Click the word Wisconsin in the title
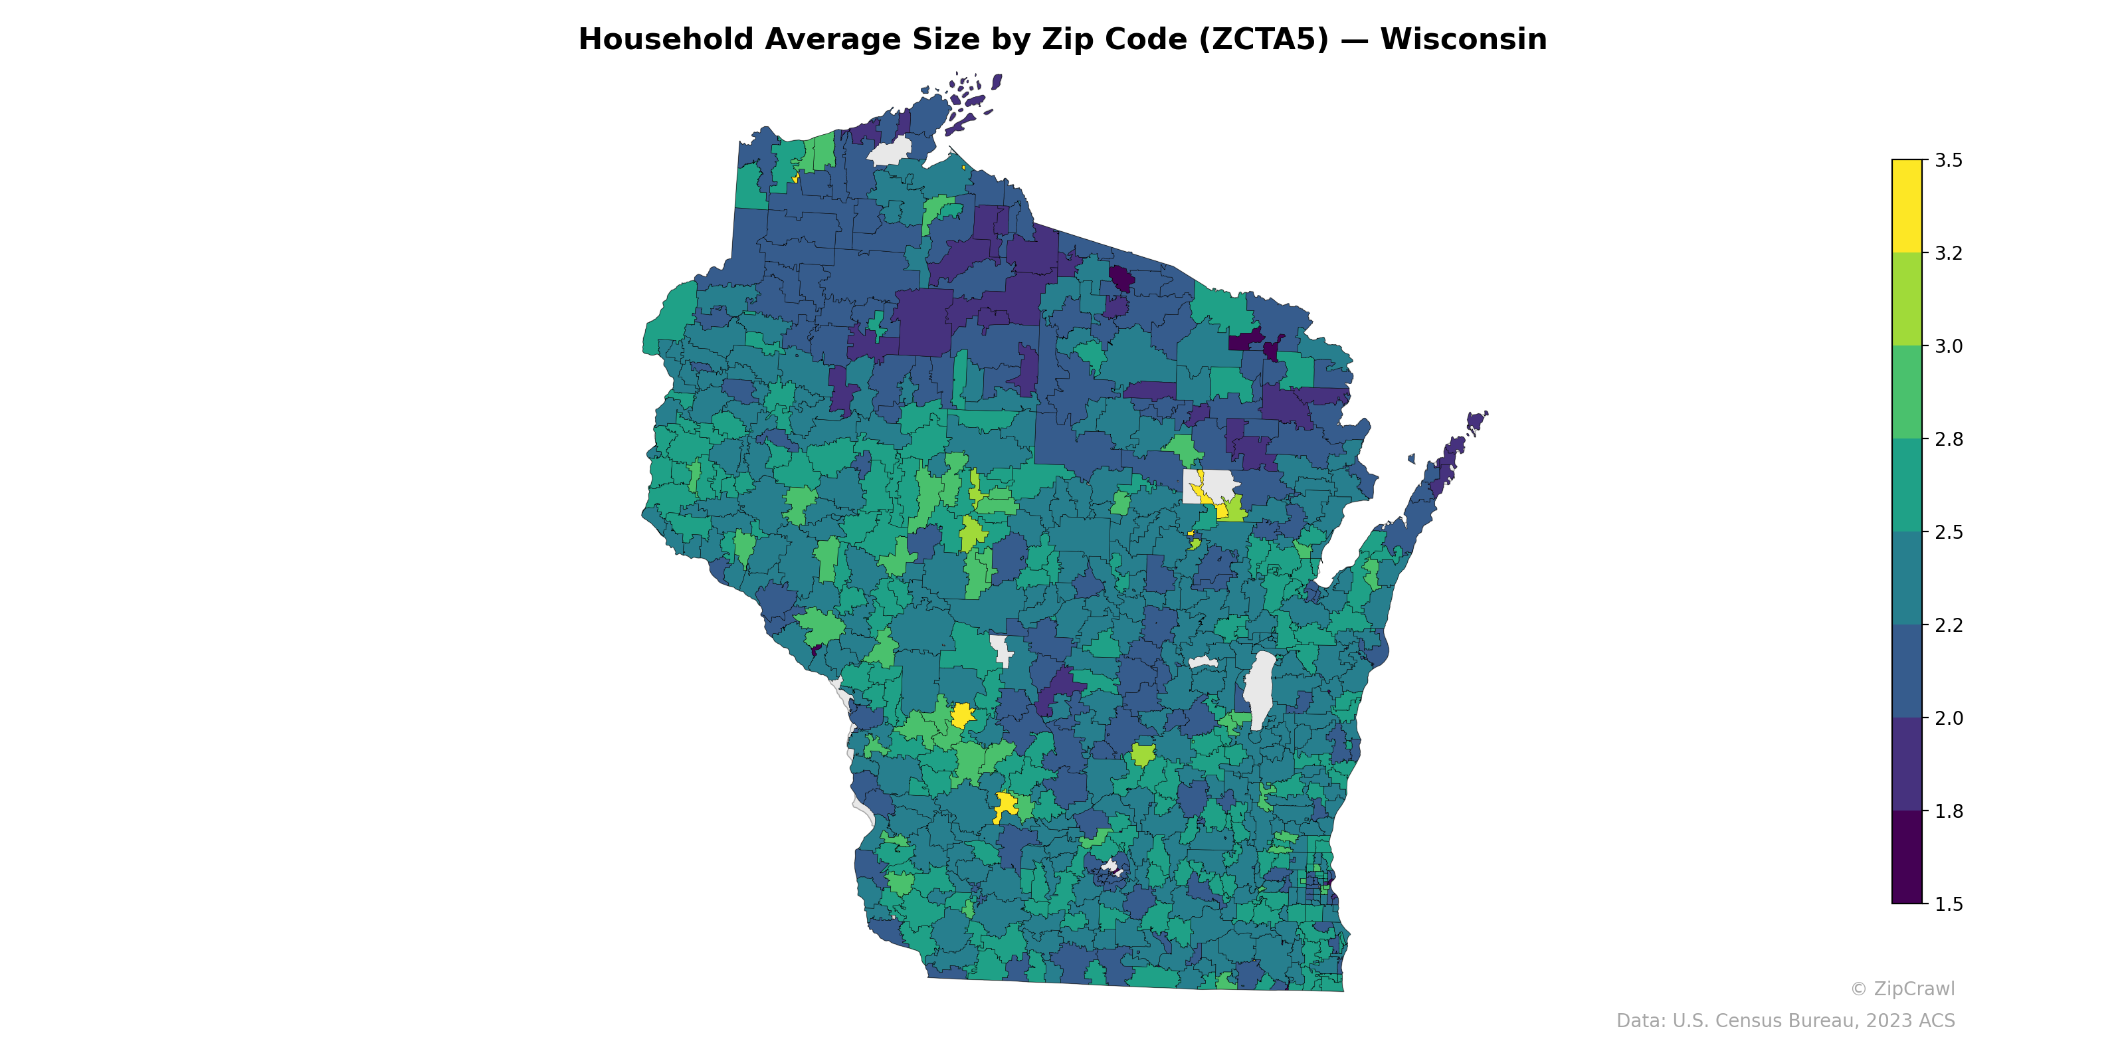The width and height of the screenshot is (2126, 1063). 1463,40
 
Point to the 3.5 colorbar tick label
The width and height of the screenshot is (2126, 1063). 1949,160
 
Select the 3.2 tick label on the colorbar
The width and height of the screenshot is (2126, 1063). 1949,253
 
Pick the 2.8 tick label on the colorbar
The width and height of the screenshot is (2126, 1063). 1949,439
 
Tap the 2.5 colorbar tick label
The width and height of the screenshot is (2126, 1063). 1949,532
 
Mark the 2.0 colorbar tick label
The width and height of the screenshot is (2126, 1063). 1949,718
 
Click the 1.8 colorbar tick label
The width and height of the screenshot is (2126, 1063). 1949,811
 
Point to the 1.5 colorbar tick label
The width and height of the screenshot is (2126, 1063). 1949,904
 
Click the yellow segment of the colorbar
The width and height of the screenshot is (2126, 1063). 1907,207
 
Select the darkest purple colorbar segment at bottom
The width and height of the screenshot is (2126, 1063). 1907,858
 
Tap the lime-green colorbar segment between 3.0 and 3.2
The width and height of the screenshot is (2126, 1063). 1907,300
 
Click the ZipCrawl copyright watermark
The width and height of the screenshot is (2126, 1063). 1901,989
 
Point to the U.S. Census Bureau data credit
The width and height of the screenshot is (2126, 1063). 1785,1021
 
